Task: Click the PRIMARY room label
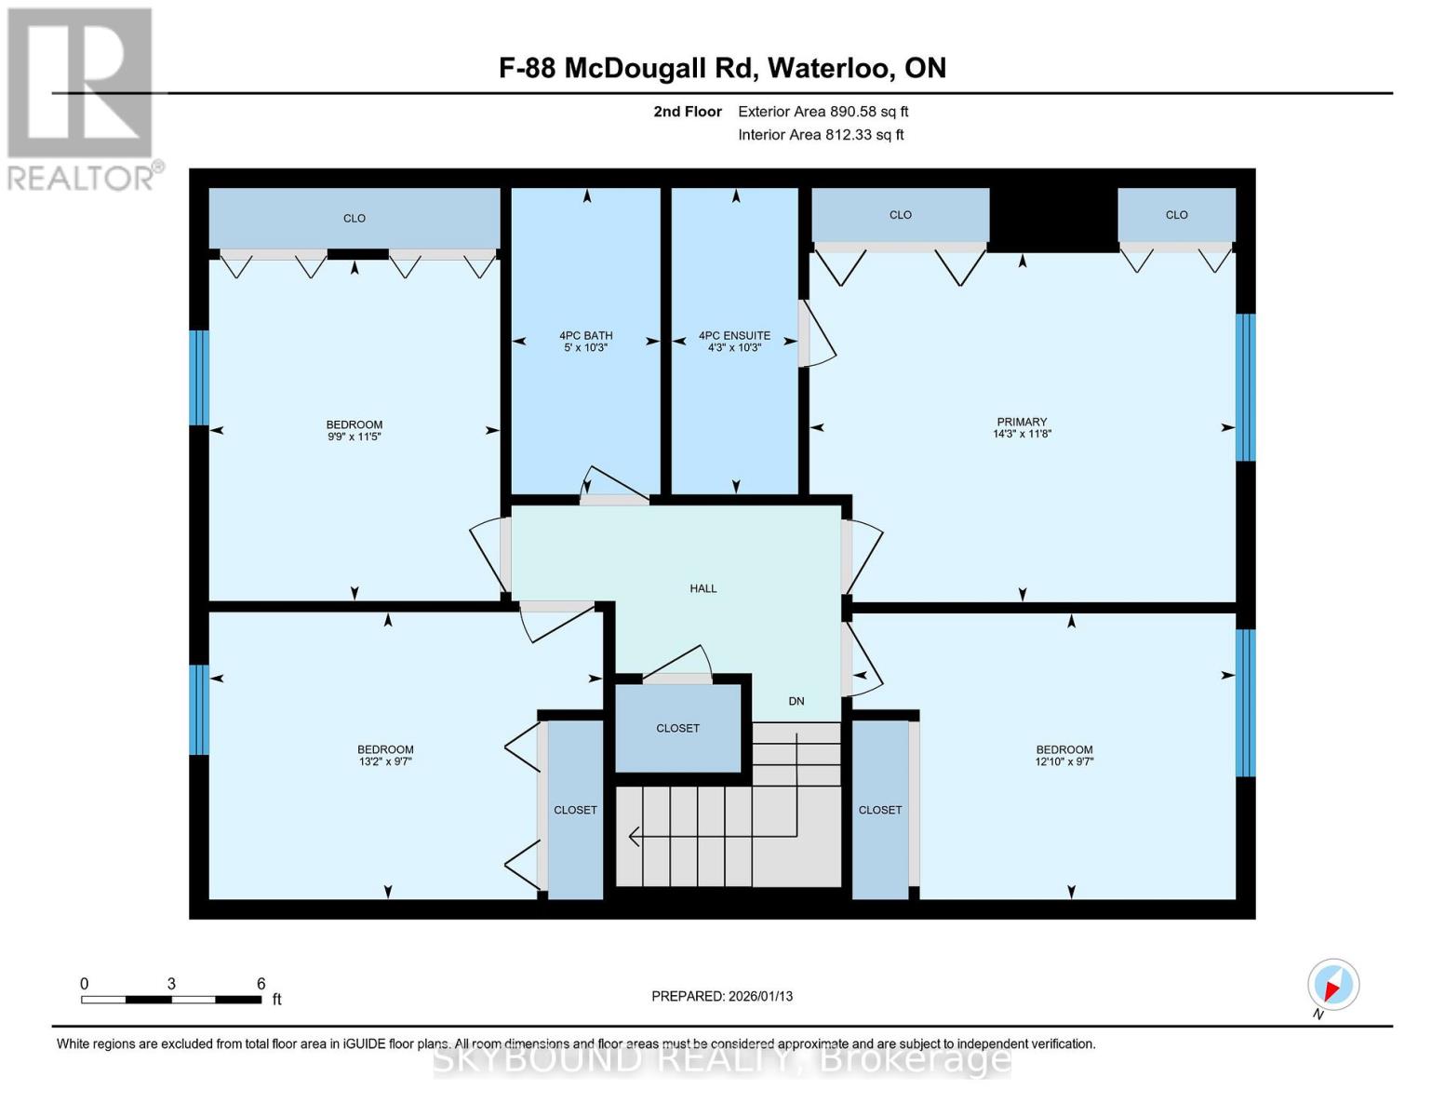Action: [1022, 422]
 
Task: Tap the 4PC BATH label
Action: [586, 336]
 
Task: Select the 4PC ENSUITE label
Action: [734, 336]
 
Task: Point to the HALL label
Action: [702, 588]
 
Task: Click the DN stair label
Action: [796, 701]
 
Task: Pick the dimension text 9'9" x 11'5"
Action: [354, 437]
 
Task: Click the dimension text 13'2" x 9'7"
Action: [385, 761]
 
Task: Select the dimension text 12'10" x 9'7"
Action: [1064, 761]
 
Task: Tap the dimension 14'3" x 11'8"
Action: [1022, 434]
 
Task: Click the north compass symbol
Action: [1332, 985]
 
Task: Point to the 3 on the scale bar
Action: [171, 983]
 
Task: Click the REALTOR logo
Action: [83, 99]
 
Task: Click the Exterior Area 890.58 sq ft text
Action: [823, 112]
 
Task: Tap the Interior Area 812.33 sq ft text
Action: [821, 135]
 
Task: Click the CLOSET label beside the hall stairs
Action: [677, 729]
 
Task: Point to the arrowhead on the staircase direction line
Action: [634, 836]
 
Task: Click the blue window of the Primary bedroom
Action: [1245, 387]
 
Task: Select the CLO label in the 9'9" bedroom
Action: [354, 218]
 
